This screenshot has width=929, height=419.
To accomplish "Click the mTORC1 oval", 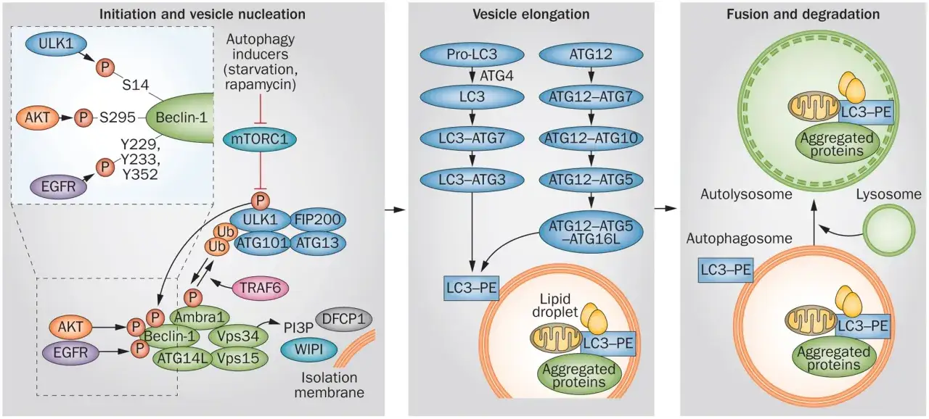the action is point(260,138).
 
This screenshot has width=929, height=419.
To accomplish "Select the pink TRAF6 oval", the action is point(260,288).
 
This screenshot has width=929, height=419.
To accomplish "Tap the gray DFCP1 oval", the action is point(344,319).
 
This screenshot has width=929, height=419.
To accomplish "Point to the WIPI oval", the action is point(309,349).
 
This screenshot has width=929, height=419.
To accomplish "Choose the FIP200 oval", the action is point(317,220).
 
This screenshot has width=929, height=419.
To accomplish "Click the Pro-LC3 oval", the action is point(472,54).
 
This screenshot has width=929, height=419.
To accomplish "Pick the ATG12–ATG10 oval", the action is point(591,138).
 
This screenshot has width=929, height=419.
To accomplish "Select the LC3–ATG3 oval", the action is point(472,180).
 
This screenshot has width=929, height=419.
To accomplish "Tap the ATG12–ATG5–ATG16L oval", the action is point(591,232).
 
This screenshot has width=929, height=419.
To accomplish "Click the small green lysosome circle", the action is point(889,231).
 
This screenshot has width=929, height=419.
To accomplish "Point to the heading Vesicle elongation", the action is point(531,14).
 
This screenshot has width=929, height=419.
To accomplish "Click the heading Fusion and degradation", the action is point(803,14).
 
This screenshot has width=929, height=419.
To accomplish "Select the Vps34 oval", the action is point(238,336).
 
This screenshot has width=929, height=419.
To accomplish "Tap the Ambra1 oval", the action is point(200,318).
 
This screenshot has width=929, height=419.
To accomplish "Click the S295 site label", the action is point(118,118).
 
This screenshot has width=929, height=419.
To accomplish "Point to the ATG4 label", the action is point(496,76).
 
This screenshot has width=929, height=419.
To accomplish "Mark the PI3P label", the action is point(298,328).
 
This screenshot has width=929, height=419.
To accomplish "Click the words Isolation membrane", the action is point(330,385).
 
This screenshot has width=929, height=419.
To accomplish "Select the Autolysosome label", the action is point(746,194).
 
